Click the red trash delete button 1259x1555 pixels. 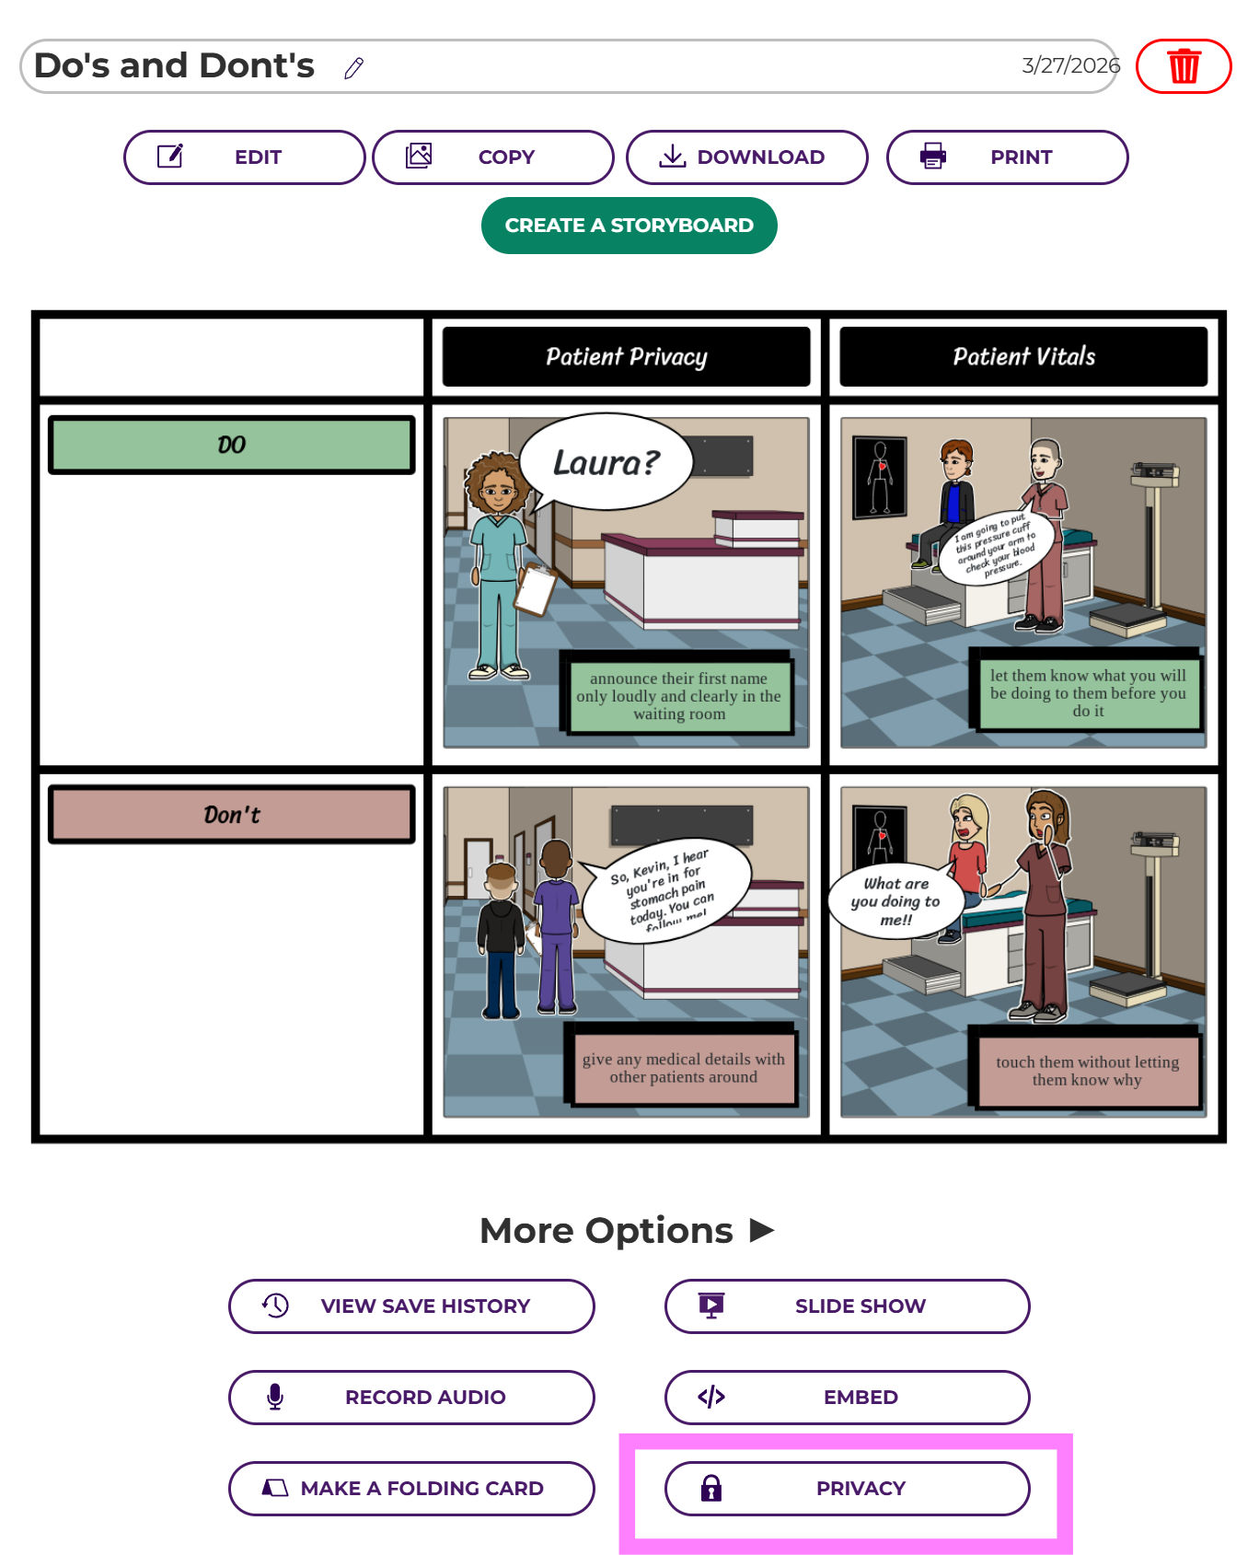click(x=1184, y=66)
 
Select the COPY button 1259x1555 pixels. click(x=492, y=157)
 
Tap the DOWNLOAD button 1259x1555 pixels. click(x=746, y=157)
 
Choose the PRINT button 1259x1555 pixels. click(x=1007, y=157)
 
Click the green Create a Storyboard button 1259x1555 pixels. click(x=629, y=226)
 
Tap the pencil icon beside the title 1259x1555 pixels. click(x=354, y=68)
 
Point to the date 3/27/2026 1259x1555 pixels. click(x=1070, y=65)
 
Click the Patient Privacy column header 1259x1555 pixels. click(x=626, y=357)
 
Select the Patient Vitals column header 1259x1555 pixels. click(x=1023, y=357)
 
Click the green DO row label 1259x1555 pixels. click(x=231, y=446)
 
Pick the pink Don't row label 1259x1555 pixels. click(x=231, y=815)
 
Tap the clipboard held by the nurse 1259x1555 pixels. click(x=535, y=590)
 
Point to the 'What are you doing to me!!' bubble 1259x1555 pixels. click(x=896, y=901)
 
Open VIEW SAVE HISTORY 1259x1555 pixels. click(x=411, y=1306)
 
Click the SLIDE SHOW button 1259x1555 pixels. click(x=847, y=1306)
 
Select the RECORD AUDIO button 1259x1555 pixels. click(x=411, y=1398)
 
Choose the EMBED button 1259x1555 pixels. click(x=847, y=1398)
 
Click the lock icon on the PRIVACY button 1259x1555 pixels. click(x=711, y=1489)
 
